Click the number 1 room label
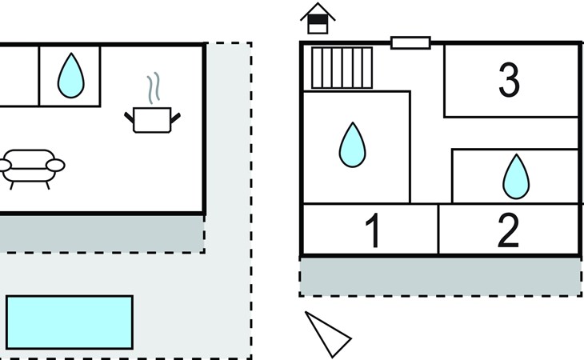(x=372, y=230)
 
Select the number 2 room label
(x=508, y=230)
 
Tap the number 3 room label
(x=509, y=80)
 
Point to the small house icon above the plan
(x=318, y=19)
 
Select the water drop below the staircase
(x=352, y=145)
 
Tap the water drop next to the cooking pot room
(x=70, y=75)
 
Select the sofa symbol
(x=30, y=166)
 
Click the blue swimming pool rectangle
(x=69, y=322)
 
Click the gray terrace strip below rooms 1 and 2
(x=440, y=276)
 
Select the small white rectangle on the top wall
(x=410, y=42)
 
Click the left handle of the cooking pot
(x=130, y=118)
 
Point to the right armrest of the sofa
(x=55, y=166)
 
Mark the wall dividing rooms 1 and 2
(x=438, y=230)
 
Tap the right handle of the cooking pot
(x=176, y=118)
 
